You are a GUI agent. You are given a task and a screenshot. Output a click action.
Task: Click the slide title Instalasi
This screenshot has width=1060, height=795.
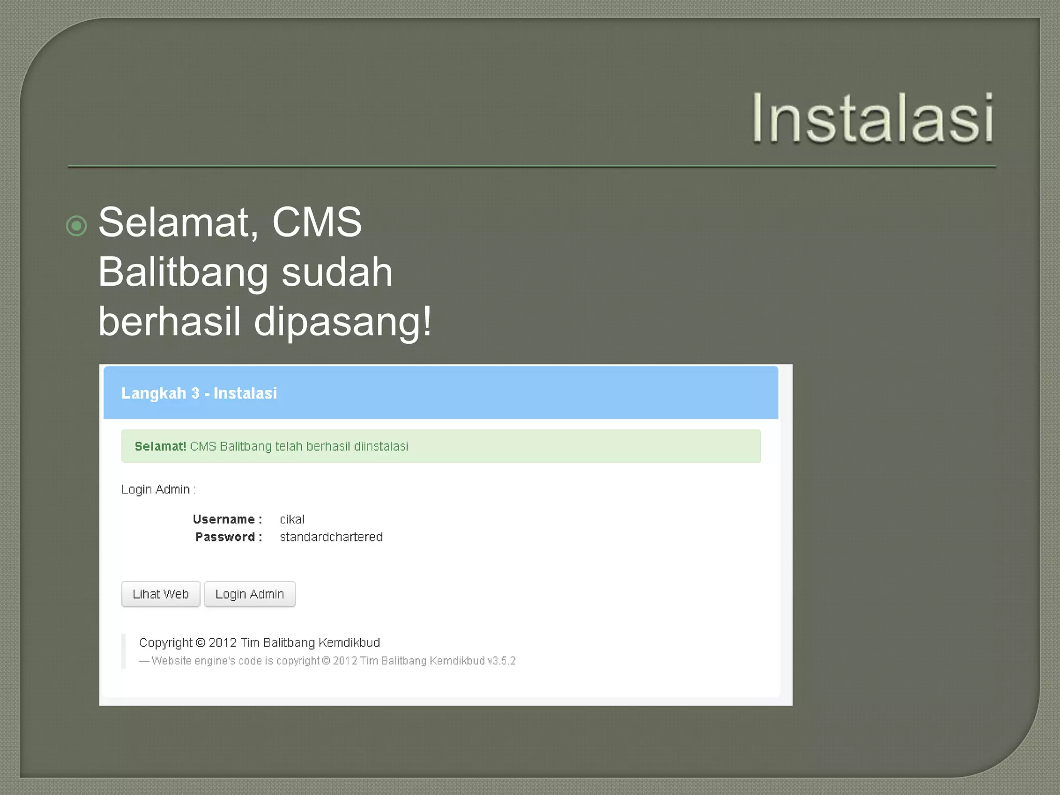(x=873, y=119)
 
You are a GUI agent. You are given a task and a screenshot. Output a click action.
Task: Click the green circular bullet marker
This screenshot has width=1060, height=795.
(x=77, y=226)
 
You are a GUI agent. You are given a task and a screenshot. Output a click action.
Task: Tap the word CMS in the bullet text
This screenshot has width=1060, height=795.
(x=317, y=223)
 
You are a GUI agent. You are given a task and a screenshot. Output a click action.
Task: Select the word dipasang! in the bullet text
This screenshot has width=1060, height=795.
(x=342, y=322)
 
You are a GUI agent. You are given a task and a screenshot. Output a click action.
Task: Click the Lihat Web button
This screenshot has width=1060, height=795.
(x=160, y=594)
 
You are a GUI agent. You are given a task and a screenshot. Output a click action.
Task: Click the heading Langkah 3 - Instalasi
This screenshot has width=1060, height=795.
(x=199, y=393)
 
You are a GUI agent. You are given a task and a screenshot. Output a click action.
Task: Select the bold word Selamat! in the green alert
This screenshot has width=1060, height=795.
(x=160, y=446)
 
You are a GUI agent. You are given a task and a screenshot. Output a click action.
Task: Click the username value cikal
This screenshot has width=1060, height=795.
(x=292, y=519)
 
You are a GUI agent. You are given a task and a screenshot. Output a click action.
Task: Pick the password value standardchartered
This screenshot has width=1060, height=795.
(x=331, y=537)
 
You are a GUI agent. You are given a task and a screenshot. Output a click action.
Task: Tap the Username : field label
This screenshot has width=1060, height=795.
(x=227, y=519)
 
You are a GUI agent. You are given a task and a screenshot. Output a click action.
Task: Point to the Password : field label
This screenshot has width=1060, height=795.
(x=228, y=537)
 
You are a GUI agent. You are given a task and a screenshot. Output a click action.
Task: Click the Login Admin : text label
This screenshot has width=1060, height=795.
(x=158, y=489)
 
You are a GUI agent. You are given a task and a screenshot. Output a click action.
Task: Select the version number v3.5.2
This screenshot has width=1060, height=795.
(x=502, y=661)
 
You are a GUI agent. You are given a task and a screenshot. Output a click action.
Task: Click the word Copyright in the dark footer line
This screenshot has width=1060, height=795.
(x=166, y=642)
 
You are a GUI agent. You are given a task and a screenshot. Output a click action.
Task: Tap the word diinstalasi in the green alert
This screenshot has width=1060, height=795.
(x=381, y=446)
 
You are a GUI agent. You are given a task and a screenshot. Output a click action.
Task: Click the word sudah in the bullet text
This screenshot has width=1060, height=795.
(x=337, y=272)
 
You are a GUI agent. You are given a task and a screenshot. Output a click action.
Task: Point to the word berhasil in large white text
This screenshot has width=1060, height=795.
(x=170, y=322)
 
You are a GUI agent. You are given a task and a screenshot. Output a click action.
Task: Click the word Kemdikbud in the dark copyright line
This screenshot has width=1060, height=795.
(x=349, y=642)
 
